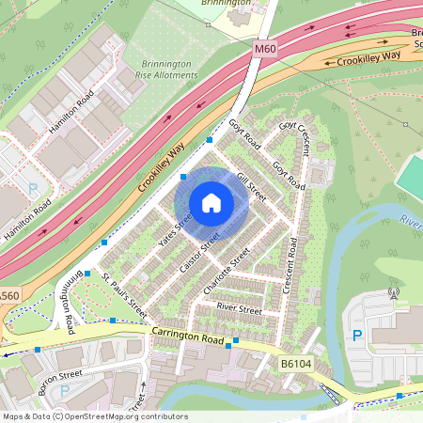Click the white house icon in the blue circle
coord(211,202)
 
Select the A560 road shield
coord(8,296)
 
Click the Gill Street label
coord(252,188)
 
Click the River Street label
coord(239,307)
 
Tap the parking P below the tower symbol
coord(356,335)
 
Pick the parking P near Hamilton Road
coord(34,189)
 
